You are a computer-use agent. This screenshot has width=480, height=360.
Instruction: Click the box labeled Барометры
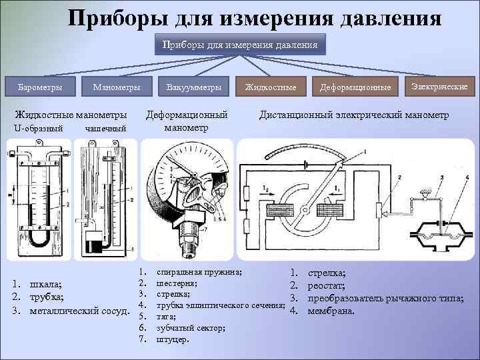pyautogui.click(x=39, y=87)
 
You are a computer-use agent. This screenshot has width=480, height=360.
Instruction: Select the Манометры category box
pyautogui.click(x=116, y=87)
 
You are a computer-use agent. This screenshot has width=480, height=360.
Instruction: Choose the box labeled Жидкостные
pyautogui.click(x=270, y=87)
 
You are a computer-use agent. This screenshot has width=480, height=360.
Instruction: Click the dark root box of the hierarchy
pyautogui.click(x=241, y=45)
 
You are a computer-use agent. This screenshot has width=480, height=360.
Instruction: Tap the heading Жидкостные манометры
pyautogui.click(x=71, y=115)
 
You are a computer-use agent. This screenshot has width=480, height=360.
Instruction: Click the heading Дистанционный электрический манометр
pyautogui.click(x=353, y=115)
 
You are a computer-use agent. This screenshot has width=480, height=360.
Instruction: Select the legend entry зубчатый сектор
pyautogui.click(x=189, y=328)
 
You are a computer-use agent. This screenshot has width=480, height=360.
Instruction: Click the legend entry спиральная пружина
pyautogui.click(x=199, y=273)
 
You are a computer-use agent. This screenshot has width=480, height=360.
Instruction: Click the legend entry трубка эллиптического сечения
pyautogui.click(x=220, y=305)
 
